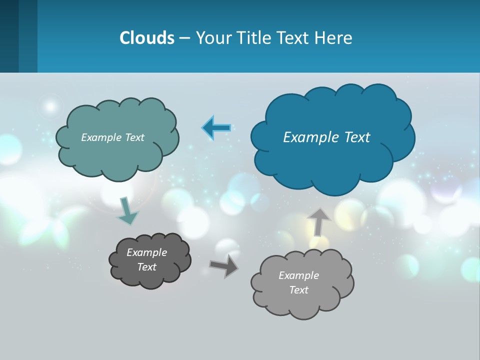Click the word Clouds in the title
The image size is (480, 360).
pyautogui.click(x=147, y=37)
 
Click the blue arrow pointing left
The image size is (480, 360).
pyautogui.click(x=216, y=127)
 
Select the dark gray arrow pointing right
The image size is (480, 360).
pyautogui.click(x=223, y=265)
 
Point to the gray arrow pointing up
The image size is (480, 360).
pyautogui.click(x=318, y=221)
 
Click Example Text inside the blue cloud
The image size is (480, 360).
pyautogui.click(x=326, y=137)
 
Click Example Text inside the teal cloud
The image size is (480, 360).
pyautogui.click(x=112, y=137)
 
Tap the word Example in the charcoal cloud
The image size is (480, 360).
pyautogui.click(x=146, y=252)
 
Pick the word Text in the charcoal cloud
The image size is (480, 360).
pyautogui.click(x=146, y=267)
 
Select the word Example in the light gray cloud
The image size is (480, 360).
pyautogui.click(x=298, y=275)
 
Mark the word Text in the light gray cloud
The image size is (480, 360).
pyautogui.click(x=298, y=290)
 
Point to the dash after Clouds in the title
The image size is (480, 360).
pyautogui.click(x=184, y=37)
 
